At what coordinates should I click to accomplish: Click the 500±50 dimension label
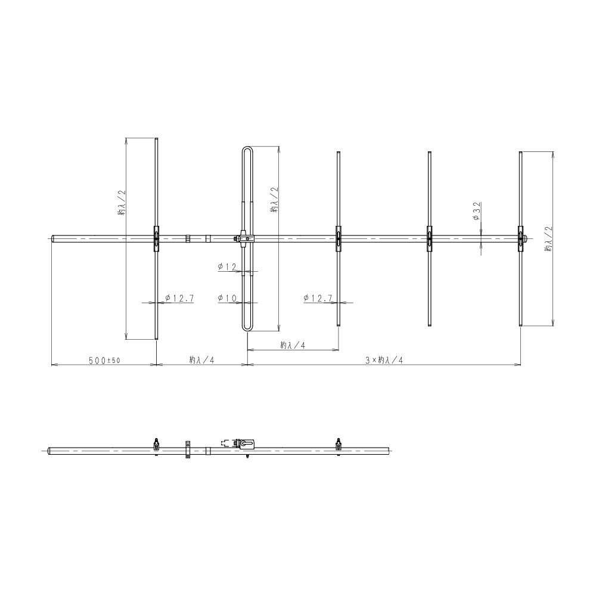tap(104, 361)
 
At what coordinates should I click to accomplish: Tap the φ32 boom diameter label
tap(477, 212)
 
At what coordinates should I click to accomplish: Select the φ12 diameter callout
tap(227, 267)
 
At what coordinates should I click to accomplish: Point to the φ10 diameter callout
tap(227, 298)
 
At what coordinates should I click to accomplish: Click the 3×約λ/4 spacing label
tap(384, 361)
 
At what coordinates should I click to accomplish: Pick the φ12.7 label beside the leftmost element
tap(179, 298)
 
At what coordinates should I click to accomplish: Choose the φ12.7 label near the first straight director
tap(318, 298)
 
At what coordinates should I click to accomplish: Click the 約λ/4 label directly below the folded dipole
tap(293, 345)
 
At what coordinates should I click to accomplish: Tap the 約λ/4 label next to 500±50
tap(202, 360)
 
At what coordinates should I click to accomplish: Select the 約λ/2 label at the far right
tap(548, 239)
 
